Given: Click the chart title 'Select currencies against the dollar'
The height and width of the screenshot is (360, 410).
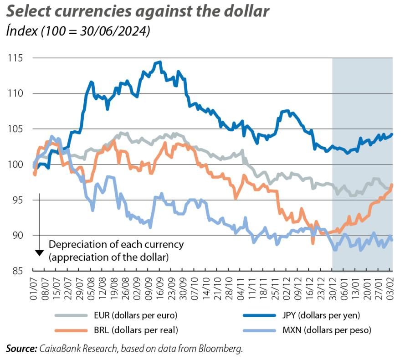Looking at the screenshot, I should click(137, 11).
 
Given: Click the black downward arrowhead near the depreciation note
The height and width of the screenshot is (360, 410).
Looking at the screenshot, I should click(39, 252).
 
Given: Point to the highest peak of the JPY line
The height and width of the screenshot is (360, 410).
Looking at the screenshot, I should click(159, 62).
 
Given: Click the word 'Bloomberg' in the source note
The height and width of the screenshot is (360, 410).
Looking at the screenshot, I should click(220, 349).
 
